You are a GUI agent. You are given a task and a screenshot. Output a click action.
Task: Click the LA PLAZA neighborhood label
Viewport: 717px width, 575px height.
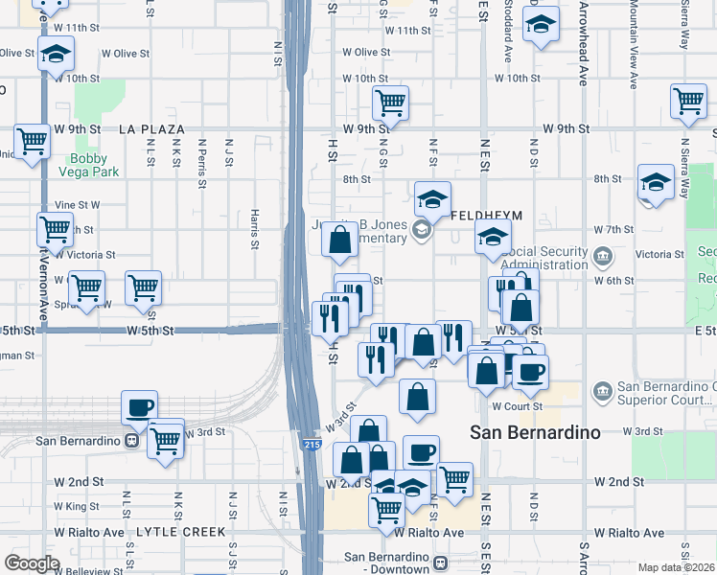tap(150, 128)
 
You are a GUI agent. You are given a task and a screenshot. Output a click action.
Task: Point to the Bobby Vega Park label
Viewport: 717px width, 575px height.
tap(94, 165)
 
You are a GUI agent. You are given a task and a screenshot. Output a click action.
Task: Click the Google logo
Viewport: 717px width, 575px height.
tap(32, 563)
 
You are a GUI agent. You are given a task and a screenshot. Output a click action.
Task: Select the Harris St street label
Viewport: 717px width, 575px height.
tap(254, 228)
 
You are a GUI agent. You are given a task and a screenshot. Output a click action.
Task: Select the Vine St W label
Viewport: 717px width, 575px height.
tap(78, 204)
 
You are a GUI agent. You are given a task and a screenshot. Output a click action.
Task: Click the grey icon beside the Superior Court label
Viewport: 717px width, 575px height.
tap(602, 390)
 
